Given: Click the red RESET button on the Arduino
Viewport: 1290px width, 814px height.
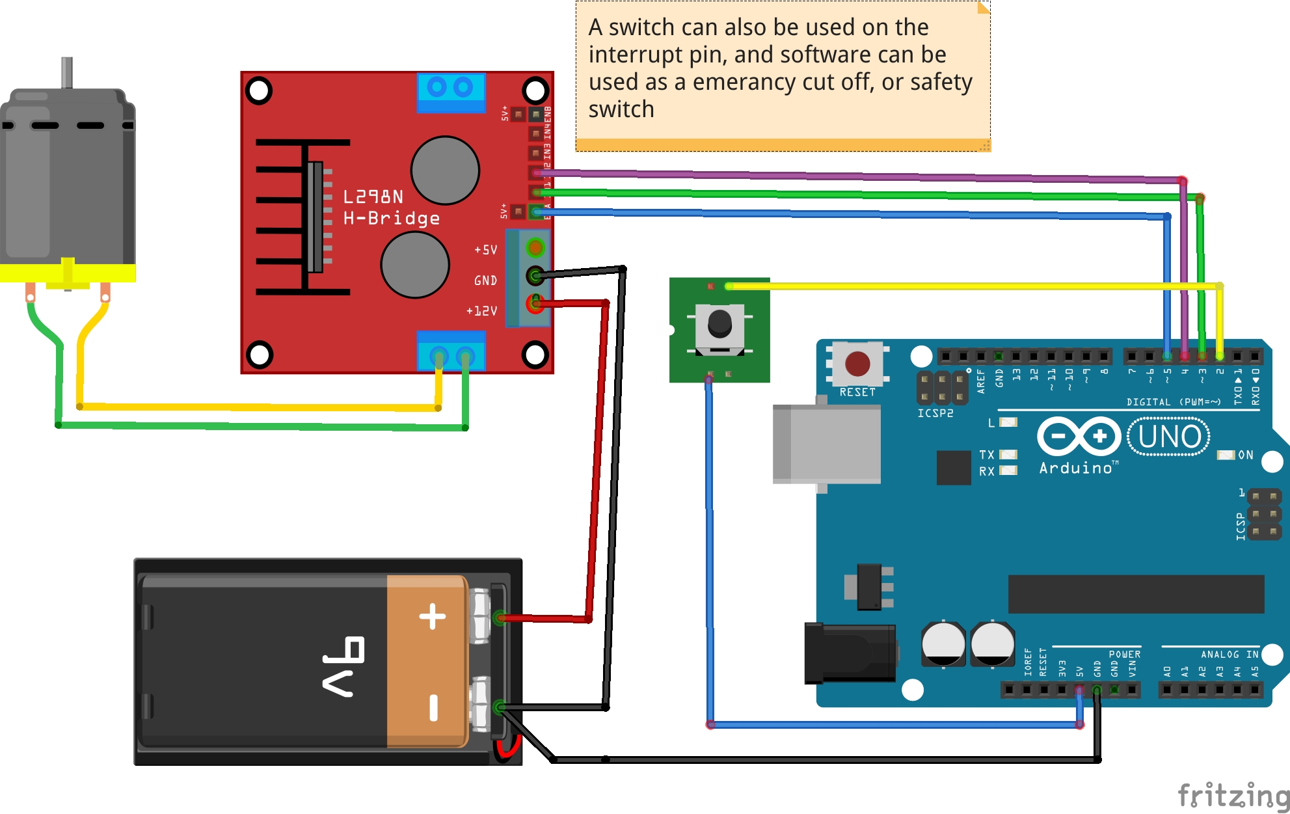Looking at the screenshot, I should point(857,364).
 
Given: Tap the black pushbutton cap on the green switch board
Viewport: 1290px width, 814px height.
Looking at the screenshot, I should point(719,323).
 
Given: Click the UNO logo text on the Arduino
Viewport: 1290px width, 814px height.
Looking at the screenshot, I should point(1169,437).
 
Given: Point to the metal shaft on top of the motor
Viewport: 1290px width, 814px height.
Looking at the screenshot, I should point(66,72).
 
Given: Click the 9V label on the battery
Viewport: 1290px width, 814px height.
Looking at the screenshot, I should point(343,666).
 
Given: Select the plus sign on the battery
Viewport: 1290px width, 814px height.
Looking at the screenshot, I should point(433,616).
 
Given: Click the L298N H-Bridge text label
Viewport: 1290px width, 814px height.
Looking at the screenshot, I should point(390,207).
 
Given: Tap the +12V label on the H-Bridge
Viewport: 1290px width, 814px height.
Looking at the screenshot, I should point(481,311).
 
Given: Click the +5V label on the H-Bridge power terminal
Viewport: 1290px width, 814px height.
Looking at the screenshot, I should point(485,250).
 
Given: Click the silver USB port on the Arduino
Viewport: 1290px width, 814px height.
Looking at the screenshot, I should point(826,444).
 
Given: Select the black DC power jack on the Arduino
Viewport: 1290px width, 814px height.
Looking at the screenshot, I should point(849,653).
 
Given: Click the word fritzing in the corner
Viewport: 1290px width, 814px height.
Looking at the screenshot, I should point(1233,795).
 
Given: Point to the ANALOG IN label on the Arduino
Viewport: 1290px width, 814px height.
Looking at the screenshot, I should point(1229,655).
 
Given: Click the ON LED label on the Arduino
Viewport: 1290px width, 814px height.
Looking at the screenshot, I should point(1245,455).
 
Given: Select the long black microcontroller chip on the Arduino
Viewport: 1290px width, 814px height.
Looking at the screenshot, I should point(1135,593).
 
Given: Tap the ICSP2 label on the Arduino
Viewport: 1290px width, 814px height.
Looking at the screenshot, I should point(935,413).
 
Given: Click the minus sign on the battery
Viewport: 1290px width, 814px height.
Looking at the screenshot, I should point(433,707).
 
